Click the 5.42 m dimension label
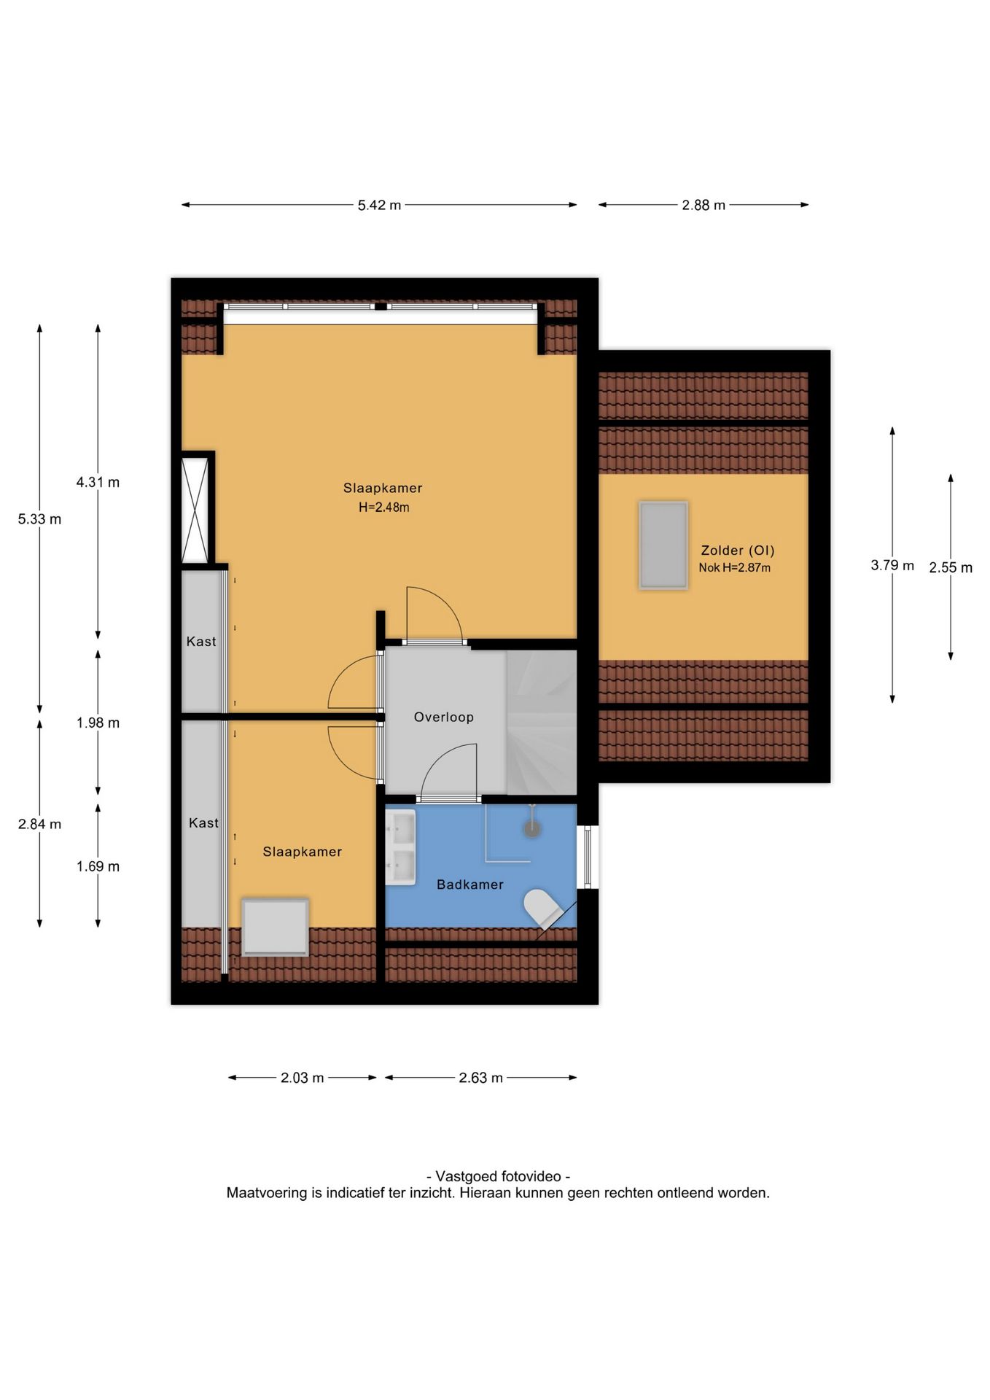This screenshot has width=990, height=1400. click(379, 206)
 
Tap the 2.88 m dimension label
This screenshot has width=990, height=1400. click(703, 206)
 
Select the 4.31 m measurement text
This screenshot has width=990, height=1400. click(98, 482)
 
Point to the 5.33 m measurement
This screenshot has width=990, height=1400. click(39, 519)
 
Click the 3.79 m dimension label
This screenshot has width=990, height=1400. click(892, 565)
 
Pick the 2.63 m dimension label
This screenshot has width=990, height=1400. click(480, 1078)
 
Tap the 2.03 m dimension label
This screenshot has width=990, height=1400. click(302, 1078)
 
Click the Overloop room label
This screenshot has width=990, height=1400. click(443, 717)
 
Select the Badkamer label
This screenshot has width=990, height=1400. click(470, 884)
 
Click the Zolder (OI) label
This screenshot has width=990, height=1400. click(738, 551)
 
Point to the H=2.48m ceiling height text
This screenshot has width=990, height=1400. click(383, 507)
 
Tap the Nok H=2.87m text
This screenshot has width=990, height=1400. click(734, 567)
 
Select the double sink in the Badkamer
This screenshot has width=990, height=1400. click(400, 847)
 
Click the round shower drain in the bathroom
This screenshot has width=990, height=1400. click(533, 828)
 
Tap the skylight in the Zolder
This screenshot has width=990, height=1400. click(663, 545)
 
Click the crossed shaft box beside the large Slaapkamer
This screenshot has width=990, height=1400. click(195, 510)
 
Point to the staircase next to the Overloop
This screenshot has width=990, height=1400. click(542, 723)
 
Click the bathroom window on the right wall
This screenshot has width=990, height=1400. click(588, 857)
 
